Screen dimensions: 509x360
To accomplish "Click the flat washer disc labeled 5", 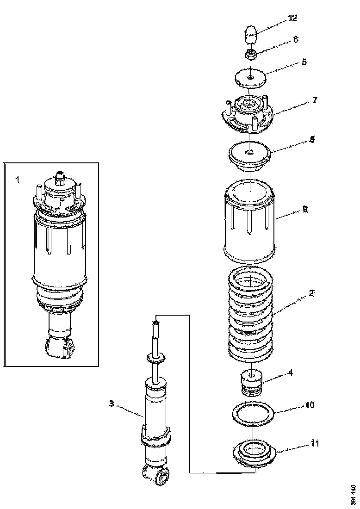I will pyautogui.click(x=250, y=78).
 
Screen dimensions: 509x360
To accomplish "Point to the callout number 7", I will pyautogui.click(x=314, y=100).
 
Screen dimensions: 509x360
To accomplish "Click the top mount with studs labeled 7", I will pyautogui.click(x=248, y=115).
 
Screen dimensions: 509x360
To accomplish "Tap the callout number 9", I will pyautogui.click(x=305, y=209).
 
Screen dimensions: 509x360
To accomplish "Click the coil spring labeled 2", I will pyautogui.click(x=250, y=315).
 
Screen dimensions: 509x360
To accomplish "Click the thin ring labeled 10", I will pyautogui.click(x=250, y=414).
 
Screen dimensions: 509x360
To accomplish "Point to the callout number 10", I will pyautogui.click(x=310, y=405).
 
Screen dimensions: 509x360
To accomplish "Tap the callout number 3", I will pyautogui.click(x=112, y=403).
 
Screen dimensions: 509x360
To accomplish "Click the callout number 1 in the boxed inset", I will pyautogui.click(x=17, y=180).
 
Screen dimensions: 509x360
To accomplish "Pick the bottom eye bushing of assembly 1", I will pyautogui.click(x=61, y=348).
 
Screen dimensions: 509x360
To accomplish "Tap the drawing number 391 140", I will pyautogui.click(x=353, y=494).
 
